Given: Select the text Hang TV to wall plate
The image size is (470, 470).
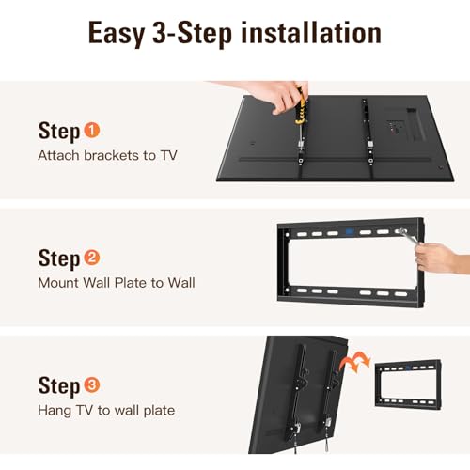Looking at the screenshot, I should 106,410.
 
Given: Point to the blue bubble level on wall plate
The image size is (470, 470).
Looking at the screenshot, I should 347,230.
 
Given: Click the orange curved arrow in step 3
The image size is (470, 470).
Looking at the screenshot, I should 357,361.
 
